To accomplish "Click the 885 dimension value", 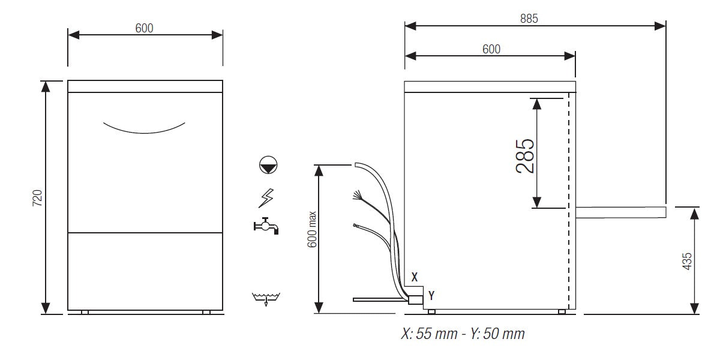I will pos(529,18).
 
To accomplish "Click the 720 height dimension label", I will pos(37,197).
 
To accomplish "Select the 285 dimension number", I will pos(524,156).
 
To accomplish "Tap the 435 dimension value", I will pos(687,260).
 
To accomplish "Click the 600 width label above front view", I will pos(145,28).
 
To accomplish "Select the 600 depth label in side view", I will pos(491,49).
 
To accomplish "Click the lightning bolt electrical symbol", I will pos(266,196).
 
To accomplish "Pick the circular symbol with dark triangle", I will pos(267,165).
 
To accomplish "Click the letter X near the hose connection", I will pos(414,277).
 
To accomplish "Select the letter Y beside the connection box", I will pos(431,295).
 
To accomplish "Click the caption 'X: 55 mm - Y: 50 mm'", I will pos(462,334).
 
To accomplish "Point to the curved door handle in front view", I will pos(144,128).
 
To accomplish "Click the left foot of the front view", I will pos(85,312).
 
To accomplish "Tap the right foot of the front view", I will pos(206,312).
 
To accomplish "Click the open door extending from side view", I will pos(620,211).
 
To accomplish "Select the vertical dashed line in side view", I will pos(568,198).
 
